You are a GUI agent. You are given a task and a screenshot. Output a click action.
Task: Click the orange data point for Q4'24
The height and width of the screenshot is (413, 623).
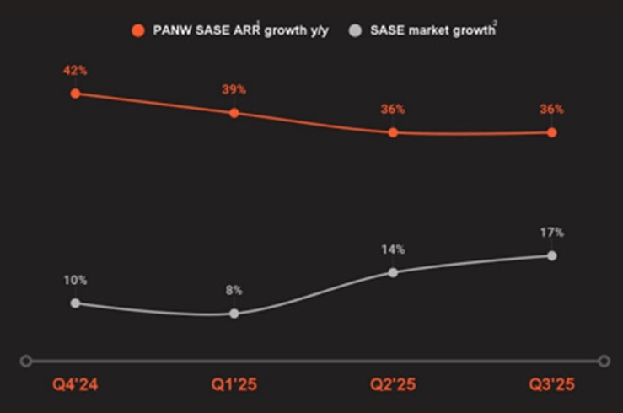[x=75, y=94]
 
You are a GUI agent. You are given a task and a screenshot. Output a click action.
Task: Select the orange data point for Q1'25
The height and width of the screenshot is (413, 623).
[x=234, y=113]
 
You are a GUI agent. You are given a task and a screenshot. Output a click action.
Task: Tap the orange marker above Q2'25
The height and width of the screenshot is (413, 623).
[x=393, y=132]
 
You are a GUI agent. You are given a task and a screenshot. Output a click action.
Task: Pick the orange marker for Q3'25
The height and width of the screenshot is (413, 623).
[x=552, y=132]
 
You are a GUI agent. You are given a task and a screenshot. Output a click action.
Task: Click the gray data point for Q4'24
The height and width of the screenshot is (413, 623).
[x=75, y=303]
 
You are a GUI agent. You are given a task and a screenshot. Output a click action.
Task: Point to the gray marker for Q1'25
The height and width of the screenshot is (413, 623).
[x=234, y=314]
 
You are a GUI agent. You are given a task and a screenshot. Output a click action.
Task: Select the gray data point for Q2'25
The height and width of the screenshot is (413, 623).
[x=393, y=272]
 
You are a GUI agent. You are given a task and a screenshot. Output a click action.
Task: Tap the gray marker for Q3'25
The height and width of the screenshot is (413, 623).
[x=552, y=255]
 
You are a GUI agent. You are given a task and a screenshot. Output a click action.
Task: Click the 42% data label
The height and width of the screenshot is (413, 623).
[x=75, y=71]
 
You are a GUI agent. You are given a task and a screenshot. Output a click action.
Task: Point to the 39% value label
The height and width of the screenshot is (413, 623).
[x=234, y=90]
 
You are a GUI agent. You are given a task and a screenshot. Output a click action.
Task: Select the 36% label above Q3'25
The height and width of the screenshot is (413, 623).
[x=552, y=110]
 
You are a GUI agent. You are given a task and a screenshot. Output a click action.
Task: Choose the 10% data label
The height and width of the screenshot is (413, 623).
[x=75, y=280]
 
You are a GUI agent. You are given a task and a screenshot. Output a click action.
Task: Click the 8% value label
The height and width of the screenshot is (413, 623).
[x=234, y=290]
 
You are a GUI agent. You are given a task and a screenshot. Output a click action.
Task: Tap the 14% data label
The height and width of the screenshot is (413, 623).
[x=393, y=249]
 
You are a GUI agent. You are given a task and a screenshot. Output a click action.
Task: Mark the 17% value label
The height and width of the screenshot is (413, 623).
[x=552, y=233]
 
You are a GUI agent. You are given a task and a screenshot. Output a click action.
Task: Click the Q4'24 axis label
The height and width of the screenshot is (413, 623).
[x=75, y=385]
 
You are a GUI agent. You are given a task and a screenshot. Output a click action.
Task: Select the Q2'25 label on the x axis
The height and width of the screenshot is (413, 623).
[x=393, y=385]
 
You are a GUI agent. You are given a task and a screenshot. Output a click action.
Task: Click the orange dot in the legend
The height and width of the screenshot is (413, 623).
[x=137, y=30]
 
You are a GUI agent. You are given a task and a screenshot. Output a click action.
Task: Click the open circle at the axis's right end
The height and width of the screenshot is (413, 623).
[x=604, y=361]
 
